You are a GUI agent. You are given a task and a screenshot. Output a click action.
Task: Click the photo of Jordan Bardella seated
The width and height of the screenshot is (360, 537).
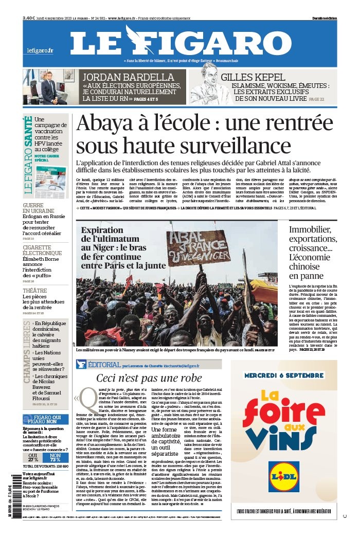[x=50, y=86]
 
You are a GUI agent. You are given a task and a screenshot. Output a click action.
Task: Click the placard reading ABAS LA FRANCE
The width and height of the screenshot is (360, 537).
[x=198, y=248]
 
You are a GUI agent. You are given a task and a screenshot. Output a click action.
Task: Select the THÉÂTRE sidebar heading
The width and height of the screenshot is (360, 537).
[x=34, y=290]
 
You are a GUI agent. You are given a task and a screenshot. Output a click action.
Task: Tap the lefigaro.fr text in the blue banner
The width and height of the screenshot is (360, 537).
[x=40, y=50]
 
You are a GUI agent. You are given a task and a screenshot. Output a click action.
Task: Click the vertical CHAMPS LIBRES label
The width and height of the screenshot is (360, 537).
[x=26, y=352]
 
